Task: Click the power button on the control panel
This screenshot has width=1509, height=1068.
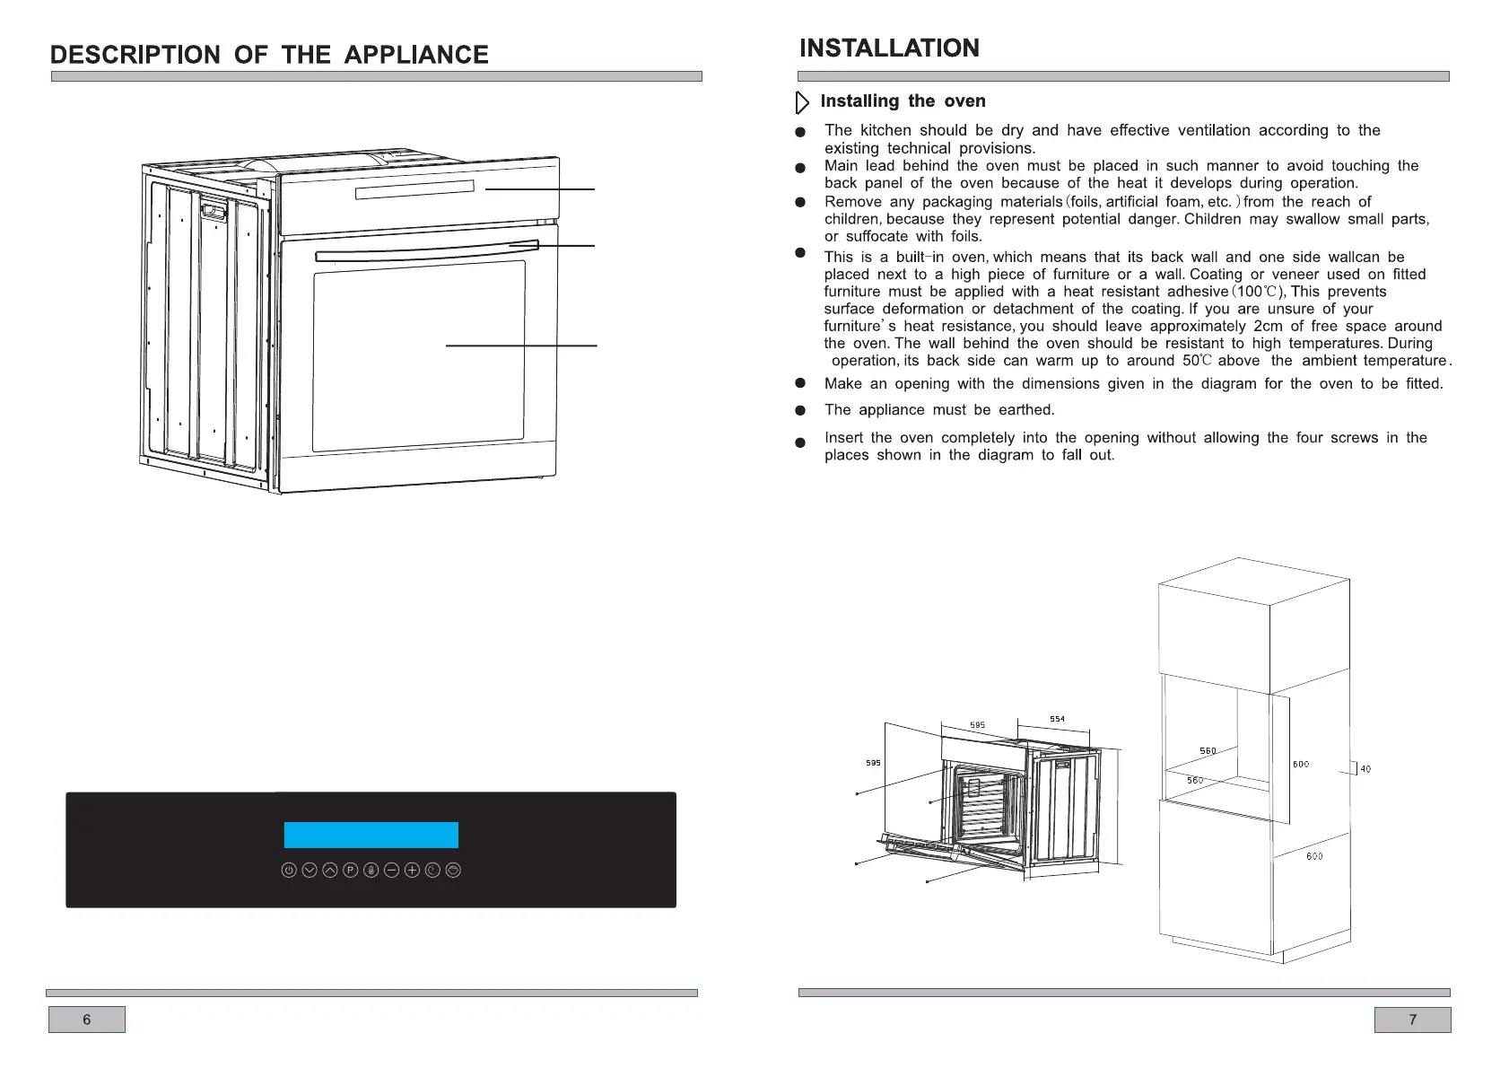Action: [289, 871]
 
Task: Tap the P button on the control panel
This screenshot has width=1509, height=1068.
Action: [351, 871]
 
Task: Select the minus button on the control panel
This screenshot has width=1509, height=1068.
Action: [391, 871]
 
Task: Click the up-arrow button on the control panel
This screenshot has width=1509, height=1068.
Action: [330, 871]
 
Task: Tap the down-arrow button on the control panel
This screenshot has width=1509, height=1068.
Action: [310, 871]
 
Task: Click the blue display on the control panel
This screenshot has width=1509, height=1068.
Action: [371, 835]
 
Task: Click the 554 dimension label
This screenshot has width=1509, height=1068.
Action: [1058, 719]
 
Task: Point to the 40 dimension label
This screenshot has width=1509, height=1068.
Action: [1365, 769]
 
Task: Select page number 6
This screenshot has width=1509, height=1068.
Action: [87, 1020]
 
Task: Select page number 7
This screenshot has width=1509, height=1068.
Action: [1412, 1020]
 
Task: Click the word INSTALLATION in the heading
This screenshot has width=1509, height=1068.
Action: [889, 48]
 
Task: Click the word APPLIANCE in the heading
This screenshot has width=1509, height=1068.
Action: [416, 55]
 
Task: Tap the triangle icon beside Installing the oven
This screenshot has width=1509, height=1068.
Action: [802, 102]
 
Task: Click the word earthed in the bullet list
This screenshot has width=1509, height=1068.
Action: [1026, 410]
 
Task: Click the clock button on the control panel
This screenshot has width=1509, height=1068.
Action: [432, 871]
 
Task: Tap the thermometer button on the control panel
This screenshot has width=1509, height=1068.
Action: [371, 871]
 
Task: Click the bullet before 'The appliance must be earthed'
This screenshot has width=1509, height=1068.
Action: [800, 411]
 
